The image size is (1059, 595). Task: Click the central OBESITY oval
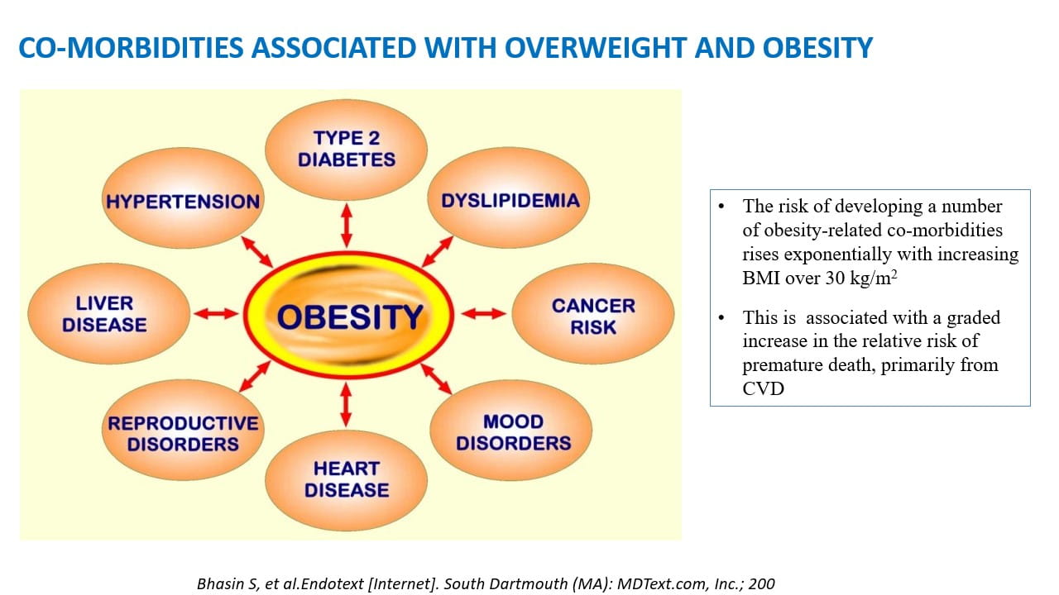[348, 315]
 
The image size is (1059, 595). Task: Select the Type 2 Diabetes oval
[346, 149]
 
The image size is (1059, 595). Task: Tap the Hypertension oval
[183, 201]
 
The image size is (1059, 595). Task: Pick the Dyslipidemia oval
[510, 201]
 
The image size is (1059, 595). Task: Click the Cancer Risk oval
[593, 316]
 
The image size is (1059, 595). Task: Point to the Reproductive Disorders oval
[183, 434]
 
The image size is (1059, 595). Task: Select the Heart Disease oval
[346, 480]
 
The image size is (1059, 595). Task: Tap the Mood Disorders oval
[512, 432]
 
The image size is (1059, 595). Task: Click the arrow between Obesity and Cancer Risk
[483, 314]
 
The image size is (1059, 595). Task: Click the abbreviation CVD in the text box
[763, 388]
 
